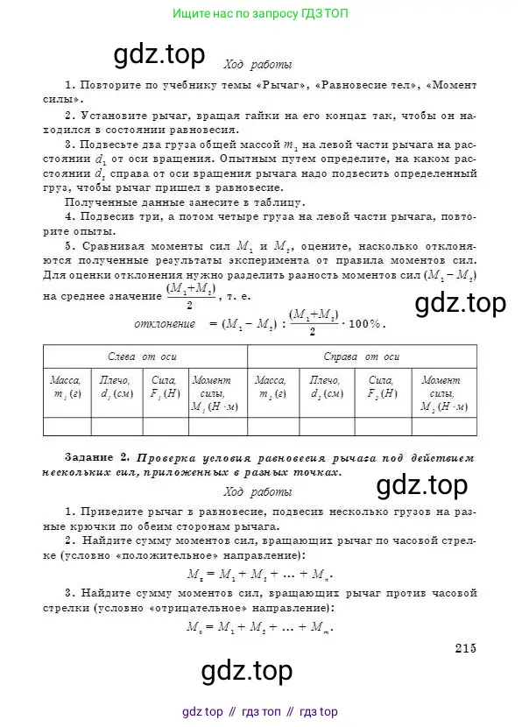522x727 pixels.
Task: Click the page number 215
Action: coord(464,647)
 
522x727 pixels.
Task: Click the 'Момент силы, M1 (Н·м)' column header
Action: coord(214,393)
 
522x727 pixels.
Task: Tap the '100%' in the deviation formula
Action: coord(365,324)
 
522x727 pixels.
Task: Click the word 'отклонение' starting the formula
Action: coord(164,324)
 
